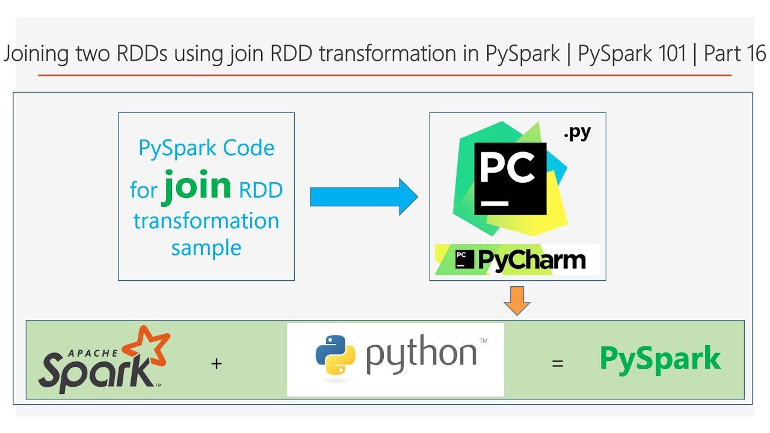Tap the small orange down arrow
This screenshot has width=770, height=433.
[x=517, y=300]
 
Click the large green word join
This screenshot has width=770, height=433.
[x=197, y=186]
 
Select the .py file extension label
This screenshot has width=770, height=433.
[x=577, y=133]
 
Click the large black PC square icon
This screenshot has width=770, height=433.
[x=510, y=179]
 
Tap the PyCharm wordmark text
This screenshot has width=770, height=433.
[x=531, y=260]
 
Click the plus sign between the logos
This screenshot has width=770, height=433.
[x=217, y=363]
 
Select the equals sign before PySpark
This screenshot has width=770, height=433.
[x=558, y=363]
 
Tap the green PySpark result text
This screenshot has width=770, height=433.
[x=660, y=359]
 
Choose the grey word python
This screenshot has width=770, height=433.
[x=421, y=355]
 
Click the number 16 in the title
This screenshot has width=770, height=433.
[x=756, y=54]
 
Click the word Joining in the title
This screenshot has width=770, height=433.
[x=37, y=55]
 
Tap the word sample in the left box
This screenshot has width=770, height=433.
[x=206, y=247]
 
